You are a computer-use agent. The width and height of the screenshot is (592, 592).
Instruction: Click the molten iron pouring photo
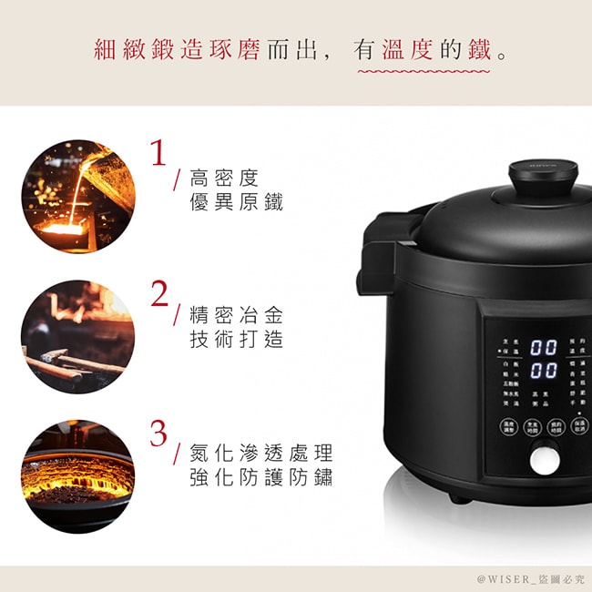click(x=78, y=195)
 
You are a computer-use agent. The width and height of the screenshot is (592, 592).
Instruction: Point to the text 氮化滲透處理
click(x=260, y=453)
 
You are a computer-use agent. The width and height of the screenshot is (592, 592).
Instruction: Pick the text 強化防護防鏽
click(x=260, y=477)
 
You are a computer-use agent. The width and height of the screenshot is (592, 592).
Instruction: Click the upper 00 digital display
click(x=544, y=347)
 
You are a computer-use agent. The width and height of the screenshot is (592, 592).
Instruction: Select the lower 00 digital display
click(x=544, y=370)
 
